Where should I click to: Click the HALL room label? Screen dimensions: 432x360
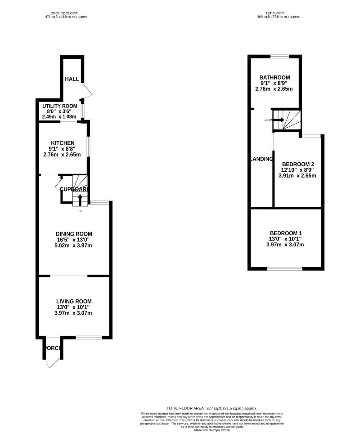[72, 79]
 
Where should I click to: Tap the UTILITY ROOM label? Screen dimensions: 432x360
[57, 106]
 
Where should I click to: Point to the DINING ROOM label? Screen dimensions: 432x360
[74, 234]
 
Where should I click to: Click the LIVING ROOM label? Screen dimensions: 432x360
[74, 301]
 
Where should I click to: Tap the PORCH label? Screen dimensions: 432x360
[52, 348]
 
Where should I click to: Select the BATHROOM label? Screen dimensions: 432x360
[274, 77]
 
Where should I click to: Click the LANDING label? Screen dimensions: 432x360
[261, 159]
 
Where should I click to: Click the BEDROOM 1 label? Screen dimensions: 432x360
[286, 233]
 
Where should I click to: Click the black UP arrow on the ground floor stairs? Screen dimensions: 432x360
[80, 199]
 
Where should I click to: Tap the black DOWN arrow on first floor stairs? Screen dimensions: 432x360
[279, 120]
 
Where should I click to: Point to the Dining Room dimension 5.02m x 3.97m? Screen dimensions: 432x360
[74, 245]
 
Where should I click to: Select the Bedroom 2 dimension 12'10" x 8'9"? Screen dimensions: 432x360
[297, 170]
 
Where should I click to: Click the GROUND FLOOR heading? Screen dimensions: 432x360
[67, 13]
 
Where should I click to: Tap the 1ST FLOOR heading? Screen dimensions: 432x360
[279, 13]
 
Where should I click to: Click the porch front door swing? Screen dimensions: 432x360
[53, 362]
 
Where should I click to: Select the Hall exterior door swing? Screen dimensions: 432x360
[87, 92]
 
